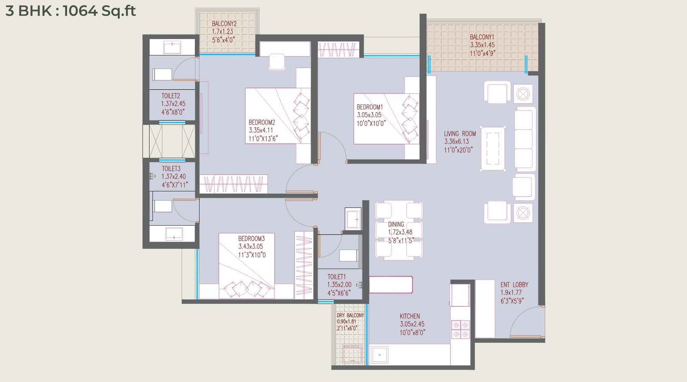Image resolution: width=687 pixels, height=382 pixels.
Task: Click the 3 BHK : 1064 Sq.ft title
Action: pyautogui.click(x=70, y=10)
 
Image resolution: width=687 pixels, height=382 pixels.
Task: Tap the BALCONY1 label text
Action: pyautogui.click(x=482, y=37)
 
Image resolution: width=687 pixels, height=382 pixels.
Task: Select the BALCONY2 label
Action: pyautogui.click(x=224, y=24)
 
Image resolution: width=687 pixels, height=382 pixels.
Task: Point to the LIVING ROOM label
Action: pyautogui.click(x=459, y=134)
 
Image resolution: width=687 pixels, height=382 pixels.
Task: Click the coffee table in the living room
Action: pyautogui.click(x=492, y=149)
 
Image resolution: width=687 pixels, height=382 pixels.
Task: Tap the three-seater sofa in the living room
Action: pyautogui.click(x=524, y=140)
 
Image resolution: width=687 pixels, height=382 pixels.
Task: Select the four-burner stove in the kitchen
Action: pyautogui.click(x=460, y=329)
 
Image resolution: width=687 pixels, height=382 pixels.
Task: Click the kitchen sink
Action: pyautogui.click(x=380, y=355)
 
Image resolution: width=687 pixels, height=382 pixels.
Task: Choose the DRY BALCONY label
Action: pyautogui.click(x=350, y=315)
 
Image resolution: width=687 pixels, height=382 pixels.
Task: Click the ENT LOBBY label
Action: pyautogui.click(x=514, y=284)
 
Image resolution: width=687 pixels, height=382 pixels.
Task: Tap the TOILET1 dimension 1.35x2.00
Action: pyautogui.click(x=339, y=284)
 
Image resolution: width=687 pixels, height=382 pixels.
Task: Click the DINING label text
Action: pyautogui.click(x=396, y=224)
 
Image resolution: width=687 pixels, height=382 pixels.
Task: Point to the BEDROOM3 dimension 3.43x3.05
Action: pyautogui.click(x=251, y=247)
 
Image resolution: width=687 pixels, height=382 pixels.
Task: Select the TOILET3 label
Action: pyautogui.click(x=171, y=168)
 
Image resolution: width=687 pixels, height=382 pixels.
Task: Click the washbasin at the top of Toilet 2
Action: pyautogui.click(x=172, y=47)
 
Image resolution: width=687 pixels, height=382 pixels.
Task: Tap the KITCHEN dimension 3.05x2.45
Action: pyautogui.click(x=412, y=324)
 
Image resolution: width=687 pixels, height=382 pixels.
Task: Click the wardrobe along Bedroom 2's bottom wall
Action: pyautogui.click(x=233, y=184)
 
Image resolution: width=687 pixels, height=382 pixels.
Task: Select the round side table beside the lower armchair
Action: pyautogui.click(x=523, y=213)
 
